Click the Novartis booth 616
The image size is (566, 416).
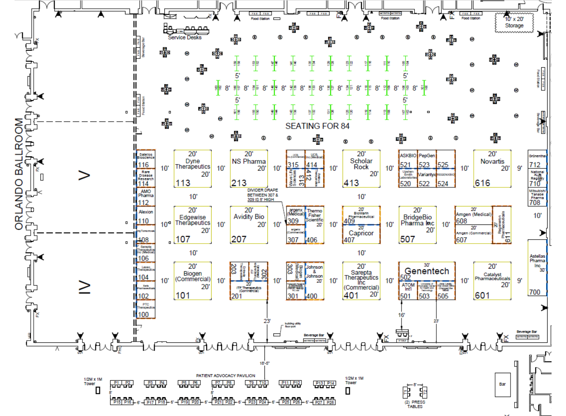click(x=492, y=169)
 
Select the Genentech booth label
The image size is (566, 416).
click(x=427, y=271)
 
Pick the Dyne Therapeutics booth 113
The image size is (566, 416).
click(x=192, y=169)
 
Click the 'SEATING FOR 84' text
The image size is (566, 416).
click(x=317, y=126)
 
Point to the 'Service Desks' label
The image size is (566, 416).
click(x=185, y=38)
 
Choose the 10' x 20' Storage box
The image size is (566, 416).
click(x=514, y=22)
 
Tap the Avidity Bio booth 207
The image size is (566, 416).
click(x=249, y=225)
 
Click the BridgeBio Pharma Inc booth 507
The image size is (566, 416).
click(x=417, y=225)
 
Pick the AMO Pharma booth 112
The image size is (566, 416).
click(x=146, y=197)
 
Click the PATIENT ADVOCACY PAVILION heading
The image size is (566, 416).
click(x=226, y=376)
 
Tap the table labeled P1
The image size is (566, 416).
click(x=116, y=383)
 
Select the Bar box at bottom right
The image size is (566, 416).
click(x=503, y=384)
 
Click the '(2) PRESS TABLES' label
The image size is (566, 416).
click(x=415, y=404)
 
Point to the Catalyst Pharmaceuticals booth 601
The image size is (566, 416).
click(x=492, y=281)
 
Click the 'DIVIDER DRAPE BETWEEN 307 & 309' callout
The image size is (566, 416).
click(x=262, y=195)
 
